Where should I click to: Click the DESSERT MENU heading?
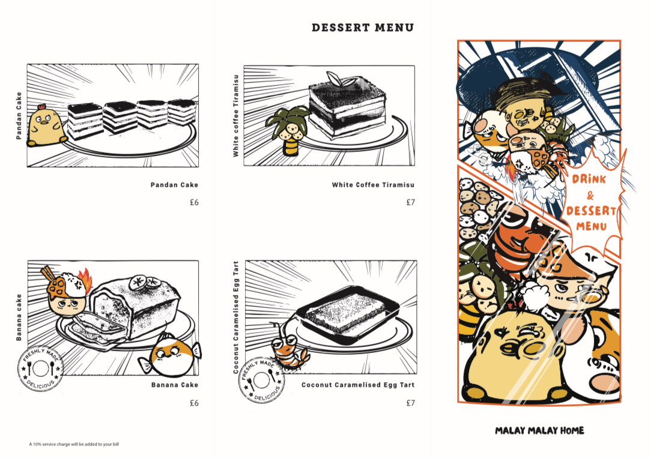[x=363, y=28]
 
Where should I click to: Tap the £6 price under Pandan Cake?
[x=195, y=202]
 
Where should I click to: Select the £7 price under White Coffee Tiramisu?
[x=410, y=202]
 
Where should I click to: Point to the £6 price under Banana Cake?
[x=195, y=403]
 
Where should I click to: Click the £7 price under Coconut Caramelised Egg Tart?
[x=410, y=403]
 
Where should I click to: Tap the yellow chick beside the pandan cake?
[x=46, y=125]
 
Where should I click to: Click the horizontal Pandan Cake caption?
[x=174, y=185]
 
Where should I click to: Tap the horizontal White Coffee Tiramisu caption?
[x=373, y=185]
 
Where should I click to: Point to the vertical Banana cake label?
[x=19, y=318]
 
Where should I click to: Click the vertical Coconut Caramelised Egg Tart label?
[x=236, y=318]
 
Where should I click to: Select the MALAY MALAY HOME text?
[x=539, y=430]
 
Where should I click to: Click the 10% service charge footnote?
[x=74, y=444]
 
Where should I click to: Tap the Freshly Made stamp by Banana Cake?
[x=41, y=369]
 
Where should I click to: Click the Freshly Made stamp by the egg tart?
[x=262, y=380]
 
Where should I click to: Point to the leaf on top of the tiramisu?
[x=335, y=79]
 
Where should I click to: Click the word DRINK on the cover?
[x=589, y=179]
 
